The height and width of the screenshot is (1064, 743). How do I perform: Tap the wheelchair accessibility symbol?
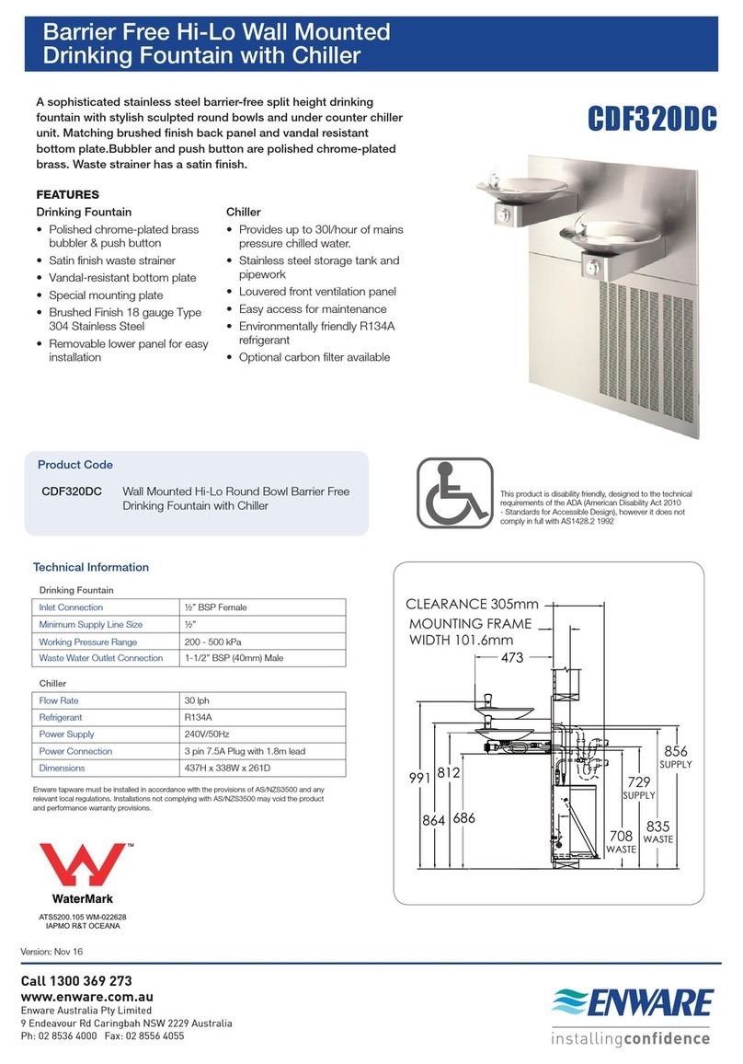coord(454,494)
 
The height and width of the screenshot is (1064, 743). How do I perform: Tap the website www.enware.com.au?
coord(86,996)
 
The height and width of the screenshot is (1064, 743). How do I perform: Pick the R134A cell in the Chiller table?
coord(200,717)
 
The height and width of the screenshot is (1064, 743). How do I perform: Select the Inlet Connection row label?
coord(71,607)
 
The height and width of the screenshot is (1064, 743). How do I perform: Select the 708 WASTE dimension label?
coord(621,841)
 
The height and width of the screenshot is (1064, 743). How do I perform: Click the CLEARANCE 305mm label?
coord(473,605)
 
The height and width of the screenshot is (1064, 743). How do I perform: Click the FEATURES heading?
coord(68,195)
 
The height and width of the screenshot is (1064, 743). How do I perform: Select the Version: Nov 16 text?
coord(52,950)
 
